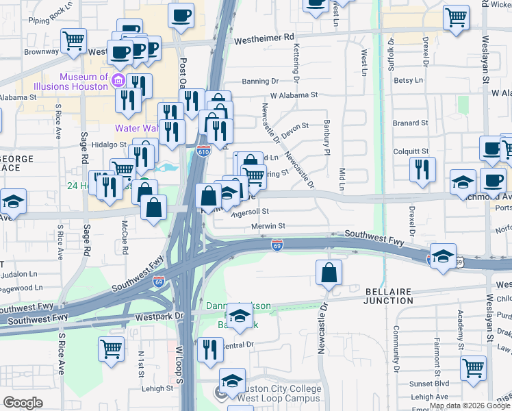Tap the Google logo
23,403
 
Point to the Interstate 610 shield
203,151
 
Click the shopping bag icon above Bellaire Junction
329,272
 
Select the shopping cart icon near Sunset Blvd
473,368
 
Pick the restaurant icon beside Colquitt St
422,169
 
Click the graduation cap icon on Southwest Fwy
443,258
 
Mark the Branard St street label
410,123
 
